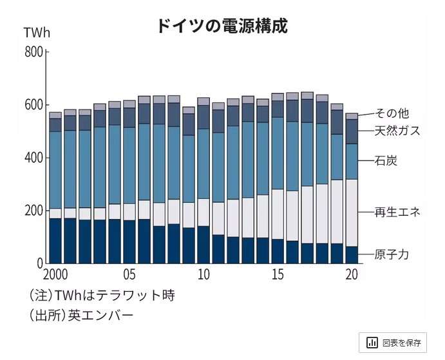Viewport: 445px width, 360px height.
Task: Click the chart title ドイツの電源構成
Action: pyautogui.click(x=222, y=26)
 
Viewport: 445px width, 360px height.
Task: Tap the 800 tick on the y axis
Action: pyautogui.click(x=33, y=52)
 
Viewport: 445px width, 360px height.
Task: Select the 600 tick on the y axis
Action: pyautogui.click(x=33, y=105)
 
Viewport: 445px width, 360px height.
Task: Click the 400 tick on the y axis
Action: pyautogui.click(x=33, y=158)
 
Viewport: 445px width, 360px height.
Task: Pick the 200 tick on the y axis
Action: pyautogui.click(x=33, y=211)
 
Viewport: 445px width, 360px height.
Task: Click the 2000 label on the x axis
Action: pyautogui.click(x=57, y=274)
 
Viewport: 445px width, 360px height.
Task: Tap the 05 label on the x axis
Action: pyautogui.click(x=129, y=274)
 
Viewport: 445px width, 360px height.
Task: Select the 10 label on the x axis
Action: pyautogui.click(x=204, y=274)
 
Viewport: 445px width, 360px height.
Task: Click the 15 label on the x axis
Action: pyautogui.click(x=278, y=274)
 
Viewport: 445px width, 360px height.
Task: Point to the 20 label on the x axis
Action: pyautogui.click(x=352, y=274)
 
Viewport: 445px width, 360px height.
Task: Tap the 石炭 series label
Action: pyautogui.click(x=386, y=160)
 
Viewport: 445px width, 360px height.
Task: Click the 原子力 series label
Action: pyautogui.click(x=392, y=254)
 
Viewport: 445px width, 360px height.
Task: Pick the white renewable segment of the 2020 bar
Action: pyautogui.click(x=352, y=213)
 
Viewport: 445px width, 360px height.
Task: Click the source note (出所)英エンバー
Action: pyautogui.click(x=81, y=316)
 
